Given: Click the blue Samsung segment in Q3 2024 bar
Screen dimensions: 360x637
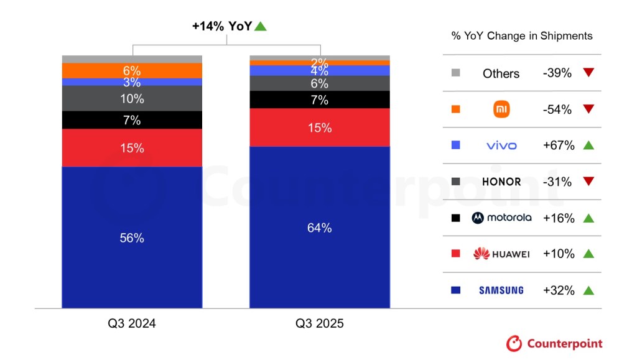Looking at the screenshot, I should [x=132, y=237].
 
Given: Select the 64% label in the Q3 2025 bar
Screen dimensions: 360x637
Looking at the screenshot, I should [x=319, y=228].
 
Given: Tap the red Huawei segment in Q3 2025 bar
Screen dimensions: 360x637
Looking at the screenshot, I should [x=319, y=127].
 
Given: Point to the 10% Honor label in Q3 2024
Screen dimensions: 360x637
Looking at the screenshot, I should [x=132, y=99].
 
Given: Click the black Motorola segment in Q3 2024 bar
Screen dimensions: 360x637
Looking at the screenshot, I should [x=132, y=120].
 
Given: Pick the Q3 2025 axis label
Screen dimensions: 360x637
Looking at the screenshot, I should [x=319, y=324].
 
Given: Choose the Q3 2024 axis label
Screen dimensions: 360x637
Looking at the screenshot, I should [x=132, y=324].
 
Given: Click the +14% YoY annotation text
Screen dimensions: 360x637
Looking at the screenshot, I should [x=221, y=26].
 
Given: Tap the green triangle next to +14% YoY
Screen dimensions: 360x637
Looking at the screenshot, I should [x=261, y=26].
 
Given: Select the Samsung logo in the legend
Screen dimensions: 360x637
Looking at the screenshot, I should [x=501, y=290].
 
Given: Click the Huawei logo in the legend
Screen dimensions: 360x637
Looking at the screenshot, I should [x=501, y=254].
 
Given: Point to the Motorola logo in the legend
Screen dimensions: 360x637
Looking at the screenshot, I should [x=501, y=218].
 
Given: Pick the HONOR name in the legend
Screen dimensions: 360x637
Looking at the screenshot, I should [x=501, y=182].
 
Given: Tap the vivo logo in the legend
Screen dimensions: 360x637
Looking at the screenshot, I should [x=501, y=145].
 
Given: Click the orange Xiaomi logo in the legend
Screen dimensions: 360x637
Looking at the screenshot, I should [x=501, y=109].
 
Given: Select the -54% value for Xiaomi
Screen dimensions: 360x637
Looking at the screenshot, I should [x=557, y=109].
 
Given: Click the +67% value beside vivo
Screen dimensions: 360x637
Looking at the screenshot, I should [x=558, y=145].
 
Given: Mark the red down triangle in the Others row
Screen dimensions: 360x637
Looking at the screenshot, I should [x=588, y=73].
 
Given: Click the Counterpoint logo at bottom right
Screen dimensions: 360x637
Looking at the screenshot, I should [x=554, y=343].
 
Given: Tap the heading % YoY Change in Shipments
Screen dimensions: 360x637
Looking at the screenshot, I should [x=521, y=35].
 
